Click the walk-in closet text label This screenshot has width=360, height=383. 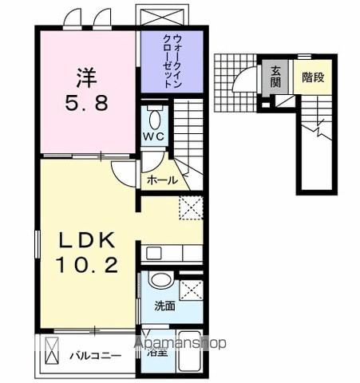tap(171, 61)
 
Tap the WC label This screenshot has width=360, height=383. tap(155, 136)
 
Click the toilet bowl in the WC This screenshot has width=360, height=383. tap(156, 116)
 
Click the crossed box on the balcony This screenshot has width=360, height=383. tap(50, 349)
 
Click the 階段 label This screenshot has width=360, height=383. tap(313, 78)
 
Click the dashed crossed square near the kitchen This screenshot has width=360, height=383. tap(191, 207)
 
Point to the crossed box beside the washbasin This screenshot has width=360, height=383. tap(190, 290)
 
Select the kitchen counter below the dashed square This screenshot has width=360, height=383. tap(172, 254)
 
